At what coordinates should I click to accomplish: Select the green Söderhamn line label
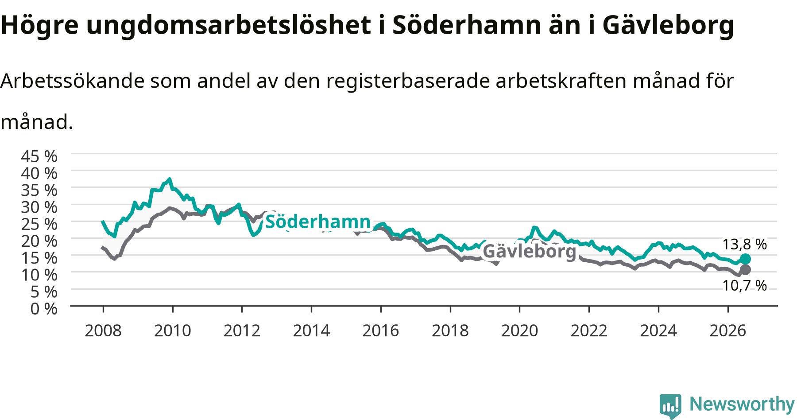coord(318,221)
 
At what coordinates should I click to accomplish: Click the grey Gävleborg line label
coord(530,251)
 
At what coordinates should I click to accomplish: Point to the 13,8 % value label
coord(744,244)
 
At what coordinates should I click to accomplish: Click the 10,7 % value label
coord(744,285)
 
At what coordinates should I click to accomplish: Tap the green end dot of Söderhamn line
coord(745,259)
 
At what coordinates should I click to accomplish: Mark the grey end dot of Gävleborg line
coord(745,270)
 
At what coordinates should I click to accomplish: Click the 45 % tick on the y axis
coord(39,156)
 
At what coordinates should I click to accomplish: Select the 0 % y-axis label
coord(44,308)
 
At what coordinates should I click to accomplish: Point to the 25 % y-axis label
coord(39,224)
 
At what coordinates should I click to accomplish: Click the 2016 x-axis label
coord(381,331)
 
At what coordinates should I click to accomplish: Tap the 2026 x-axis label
coord(728,331)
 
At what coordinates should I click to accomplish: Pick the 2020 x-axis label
coord(519,331)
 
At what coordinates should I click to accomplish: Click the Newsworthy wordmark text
coord(742,404)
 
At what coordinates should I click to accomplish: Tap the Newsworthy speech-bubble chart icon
coord(670,406)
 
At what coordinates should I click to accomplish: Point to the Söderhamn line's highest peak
coord(169,179)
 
